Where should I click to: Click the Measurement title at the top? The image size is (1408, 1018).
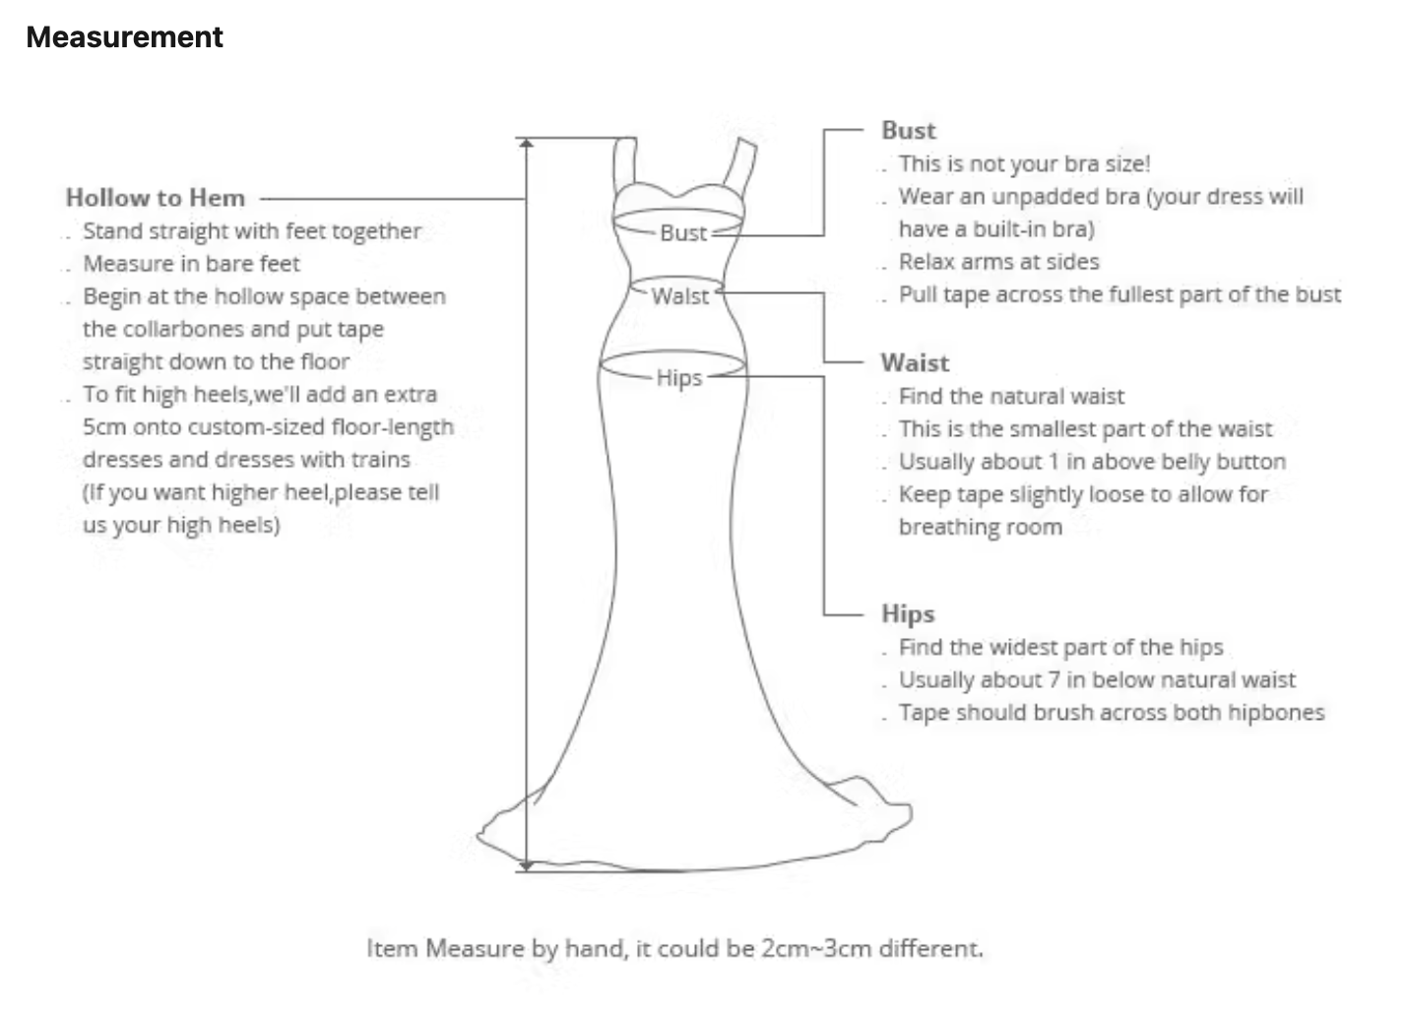point(124,37)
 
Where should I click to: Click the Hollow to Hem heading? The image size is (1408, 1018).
point(156,198)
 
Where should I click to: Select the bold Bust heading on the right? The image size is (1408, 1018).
point(909,131)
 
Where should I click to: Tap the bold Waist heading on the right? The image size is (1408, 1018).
point(916,363)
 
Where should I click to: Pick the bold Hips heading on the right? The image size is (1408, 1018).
point(908,614)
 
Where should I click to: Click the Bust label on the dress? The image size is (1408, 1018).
point(684,233)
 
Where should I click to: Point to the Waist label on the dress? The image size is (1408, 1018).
point(680,296)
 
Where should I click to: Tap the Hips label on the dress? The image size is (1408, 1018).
point(679,378)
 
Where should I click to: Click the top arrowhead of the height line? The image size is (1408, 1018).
point(526,144)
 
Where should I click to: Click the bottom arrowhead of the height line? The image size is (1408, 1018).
point(526,866)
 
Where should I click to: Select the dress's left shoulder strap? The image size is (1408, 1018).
point(625,164)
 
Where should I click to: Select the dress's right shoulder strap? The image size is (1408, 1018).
point(740,166)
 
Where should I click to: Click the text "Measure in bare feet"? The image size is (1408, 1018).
point(192,264)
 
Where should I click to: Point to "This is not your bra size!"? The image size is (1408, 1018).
point(1025,164)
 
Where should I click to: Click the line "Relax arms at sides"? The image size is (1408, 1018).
point(999,262)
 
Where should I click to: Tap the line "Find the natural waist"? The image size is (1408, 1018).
point(1012,397)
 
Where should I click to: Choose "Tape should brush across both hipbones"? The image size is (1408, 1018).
point(1112,713)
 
